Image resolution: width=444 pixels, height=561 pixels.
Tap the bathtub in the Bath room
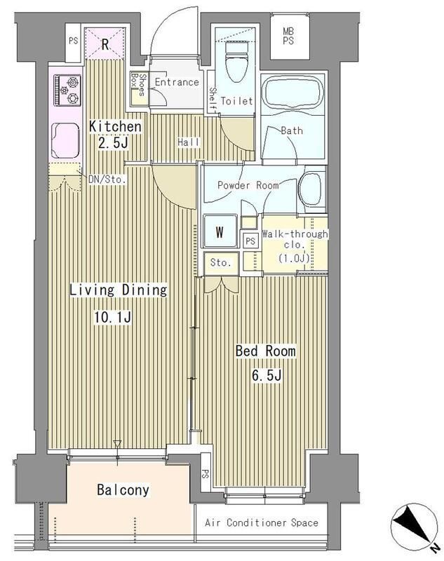[x=292, y=94]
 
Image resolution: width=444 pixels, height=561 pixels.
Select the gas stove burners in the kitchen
[x=67, y=90]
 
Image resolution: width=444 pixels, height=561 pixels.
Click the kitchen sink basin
[x=65, y=140]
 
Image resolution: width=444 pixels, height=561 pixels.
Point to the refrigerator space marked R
[x=105, y=43]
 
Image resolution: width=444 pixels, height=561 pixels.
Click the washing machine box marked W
[x=220, y=231]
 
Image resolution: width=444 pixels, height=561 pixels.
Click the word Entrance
[x=177, y=82]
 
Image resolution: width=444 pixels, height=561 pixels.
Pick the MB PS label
[x=288, y=36]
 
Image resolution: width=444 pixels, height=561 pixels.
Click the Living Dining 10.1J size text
[x=113, y=317]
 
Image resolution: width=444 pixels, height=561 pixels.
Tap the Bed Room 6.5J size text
[x=267, y=376]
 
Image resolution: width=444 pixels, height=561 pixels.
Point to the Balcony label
[x=123, y=489]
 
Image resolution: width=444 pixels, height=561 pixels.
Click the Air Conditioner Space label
[x=262, y=522]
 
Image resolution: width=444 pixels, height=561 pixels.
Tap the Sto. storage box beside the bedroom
[x=221, y=264]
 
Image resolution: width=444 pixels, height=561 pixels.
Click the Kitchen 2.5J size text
[x=113, y=144]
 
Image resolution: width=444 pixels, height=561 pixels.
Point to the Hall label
[x=189, y=142]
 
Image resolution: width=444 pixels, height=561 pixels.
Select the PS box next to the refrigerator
[x=74, y=43]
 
